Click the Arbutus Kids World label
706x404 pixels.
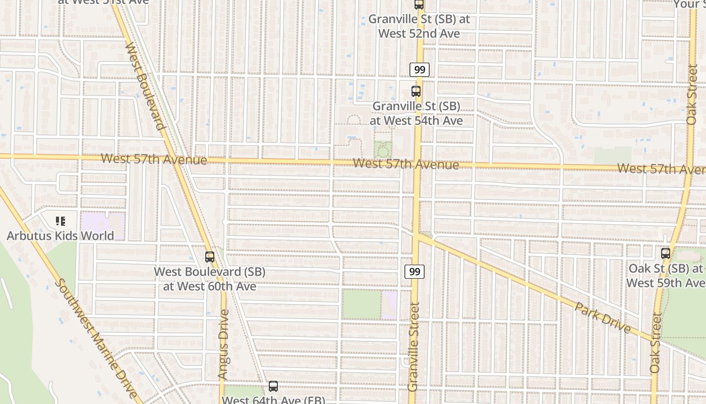(60, 235)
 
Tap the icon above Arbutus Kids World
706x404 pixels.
(61, 221)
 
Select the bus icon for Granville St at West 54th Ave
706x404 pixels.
(416, 91)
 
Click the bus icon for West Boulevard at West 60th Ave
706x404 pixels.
(210, 257)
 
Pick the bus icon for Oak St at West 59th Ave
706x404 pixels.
(666, 254)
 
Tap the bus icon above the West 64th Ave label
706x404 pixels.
(273, 386)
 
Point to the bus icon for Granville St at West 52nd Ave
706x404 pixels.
(419, 5)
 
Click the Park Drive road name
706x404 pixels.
(603, 318)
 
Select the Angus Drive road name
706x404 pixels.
(223, 344)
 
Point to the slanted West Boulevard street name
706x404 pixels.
(145, 86)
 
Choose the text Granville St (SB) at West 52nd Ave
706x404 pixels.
(419, 26)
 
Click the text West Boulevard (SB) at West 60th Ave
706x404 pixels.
(210, 279)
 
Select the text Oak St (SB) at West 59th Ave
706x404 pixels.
(666, 275)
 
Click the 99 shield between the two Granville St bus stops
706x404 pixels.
(420, 70)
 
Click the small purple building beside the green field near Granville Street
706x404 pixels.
(389, 305)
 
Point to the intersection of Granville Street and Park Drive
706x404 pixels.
(417, 236)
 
